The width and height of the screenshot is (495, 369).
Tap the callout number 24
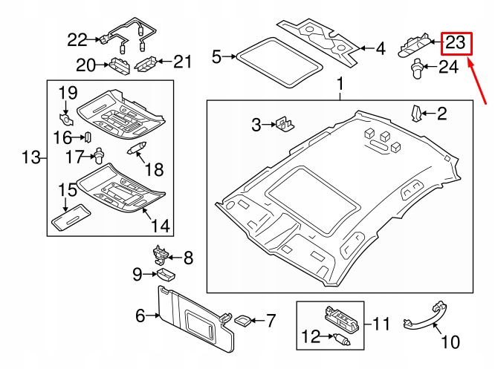click(x=448, y=68)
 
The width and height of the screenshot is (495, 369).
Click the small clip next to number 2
click(x=417, y=113)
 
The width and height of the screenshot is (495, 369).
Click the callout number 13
click(x=29, y=157)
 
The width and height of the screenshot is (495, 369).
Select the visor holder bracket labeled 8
click(x=161, y=254)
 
